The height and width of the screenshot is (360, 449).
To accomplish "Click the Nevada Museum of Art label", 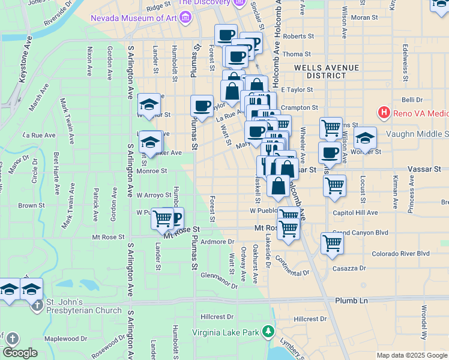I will tap(133, 18).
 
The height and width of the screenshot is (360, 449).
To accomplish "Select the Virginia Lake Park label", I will tap(225, 332).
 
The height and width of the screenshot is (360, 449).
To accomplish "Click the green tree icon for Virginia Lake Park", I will tap(271, 331).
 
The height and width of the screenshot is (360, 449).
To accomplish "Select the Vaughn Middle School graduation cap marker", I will tap(365, 138).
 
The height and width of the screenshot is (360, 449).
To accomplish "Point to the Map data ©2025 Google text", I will tap(411, 355).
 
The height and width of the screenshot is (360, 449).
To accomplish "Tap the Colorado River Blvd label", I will tap(400, 253).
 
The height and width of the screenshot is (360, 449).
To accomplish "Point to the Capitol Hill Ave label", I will tap(355, 212).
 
